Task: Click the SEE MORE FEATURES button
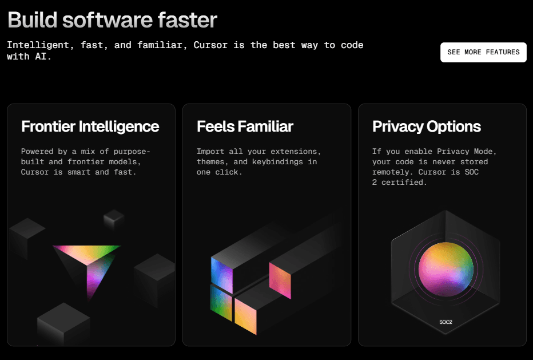(483, 53)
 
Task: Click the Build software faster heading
(112, 19)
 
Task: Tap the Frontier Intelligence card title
(90, 126)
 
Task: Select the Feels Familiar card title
(245, 126)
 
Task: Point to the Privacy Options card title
(427, 127)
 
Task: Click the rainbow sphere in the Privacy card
(446, 269)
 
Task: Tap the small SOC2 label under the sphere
(446, 322)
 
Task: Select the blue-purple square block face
(222, 275)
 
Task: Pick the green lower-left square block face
(221, 303)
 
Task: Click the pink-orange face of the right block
(280, 280)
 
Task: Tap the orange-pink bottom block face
(245, 317)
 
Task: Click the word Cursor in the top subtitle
(210, 45)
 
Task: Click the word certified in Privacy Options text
(404, 183)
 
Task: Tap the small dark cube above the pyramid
(114, 219)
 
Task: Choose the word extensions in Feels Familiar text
(296, 152)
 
